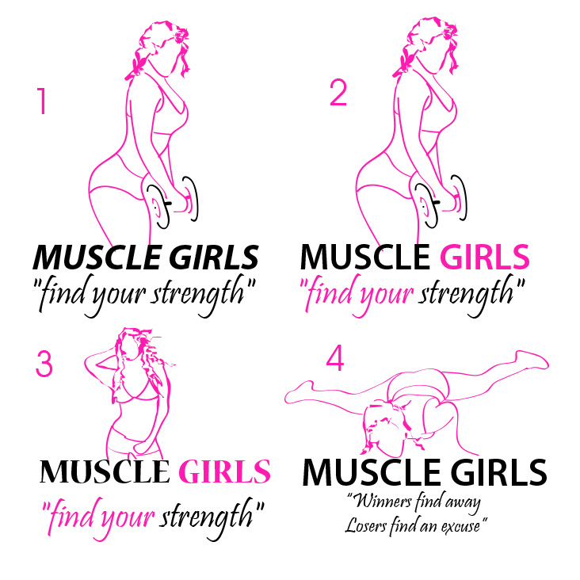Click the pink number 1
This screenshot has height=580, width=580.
click(x=42, y=101)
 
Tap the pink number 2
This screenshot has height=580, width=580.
click(x=338, y=93)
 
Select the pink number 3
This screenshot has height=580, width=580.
click(x=44, y=364)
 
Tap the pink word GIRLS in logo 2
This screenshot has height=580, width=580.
click(x=485, y=257)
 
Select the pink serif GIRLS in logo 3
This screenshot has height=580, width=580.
click(x=224, y=471)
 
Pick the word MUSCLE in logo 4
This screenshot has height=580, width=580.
click(x=372, y=472)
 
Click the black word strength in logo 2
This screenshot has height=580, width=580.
click(x=466, y=295)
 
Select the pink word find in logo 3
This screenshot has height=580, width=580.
click(x=72, y=516)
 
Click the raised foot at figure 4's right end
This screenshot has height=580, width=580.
click(x=532, y=360)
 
